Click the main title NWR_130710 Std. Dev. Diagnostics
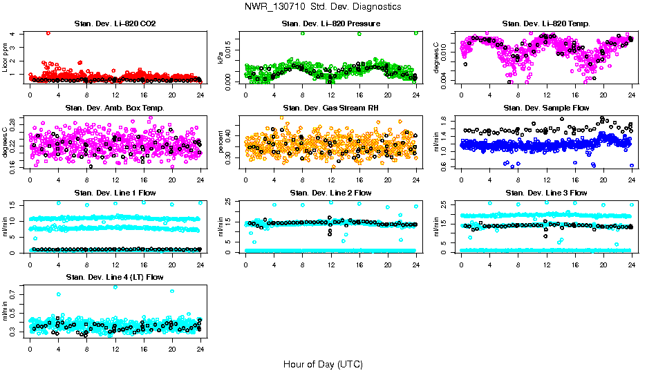[x=323, y=7]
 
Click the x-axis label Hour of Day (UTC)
[x=323, y=363]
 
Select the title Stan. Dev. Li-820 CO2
[x=115, y=24]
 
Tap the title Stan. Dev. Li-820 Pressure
[x=330, y=24]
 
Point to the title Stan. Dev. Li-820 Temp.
[x=546, y=24]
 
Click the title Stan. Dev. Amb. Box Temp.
[x=115, y=108]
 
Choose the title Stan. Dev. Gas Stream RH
[x=330, y=108]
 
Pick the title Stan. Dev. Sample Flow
[x=546, y=108]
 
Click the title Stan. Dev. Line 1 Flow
[x=115, y=193]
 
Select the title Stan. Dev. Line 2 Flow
[x=330, y=193]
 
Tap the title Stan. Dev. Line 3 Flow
[x=546, y=193]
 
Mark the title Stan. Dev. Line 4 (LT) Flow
[x=115, y=277]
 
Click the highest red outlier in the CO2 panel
[x=48, y=33]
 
